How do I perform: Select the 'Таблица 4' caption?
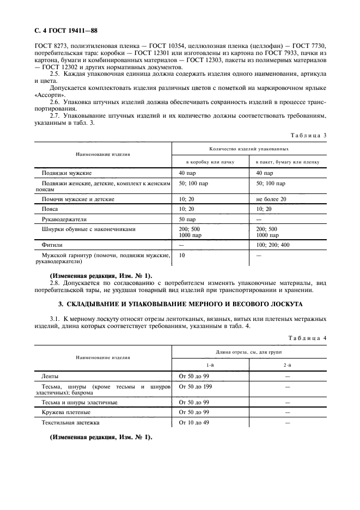308,338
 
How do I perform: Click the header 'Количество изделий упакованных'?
249,149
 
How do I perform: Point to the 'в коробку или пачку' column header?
210,162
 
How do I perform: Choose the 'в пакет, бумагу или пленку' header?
288,162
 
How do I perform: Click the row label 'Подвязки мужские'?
67,173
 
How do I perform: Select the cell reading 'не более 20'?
271,199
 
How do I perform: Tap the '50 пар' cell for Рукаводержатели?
187,219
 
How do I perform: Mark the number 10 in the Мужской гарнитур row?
182,255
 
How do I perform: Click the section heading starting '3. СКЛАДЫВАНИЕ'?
180,303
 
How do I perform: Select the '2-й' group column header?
287,366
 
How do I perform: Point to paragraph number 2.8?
56,283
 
